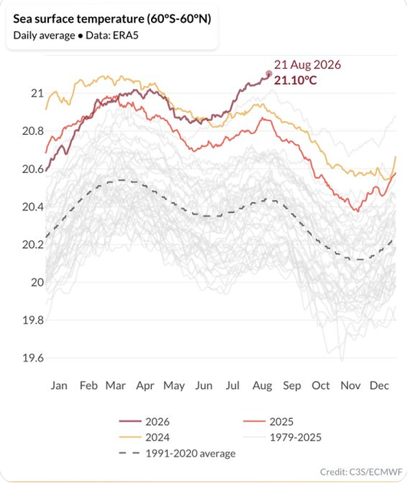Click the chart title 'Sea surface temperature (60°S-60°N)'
pyautogui.click(x=112, y=19)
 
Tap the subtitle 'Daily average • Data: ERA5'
pyautogui.click(x=76, y=35)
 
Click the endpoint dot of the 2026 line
pyautogui.click(x=268, y=74)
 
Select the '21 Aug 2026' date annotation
pyautogui.click(x=307, y=65)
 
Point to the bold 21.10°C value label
pyautogui.click(x=295, y=80)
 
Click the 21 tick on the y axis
pyautogui.click(x=38, y=93)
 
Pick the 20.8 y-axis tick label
pyautogui.click(x=33, y=131)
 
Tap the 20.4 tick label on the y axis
pyautogui.click(x=33, y=207)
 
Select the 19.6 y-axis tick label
pyautogui.click(x=33, y=358)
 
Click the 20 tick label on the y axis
pyautogui.click(x=38, y=282)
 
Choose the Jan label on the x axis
pyautogui.click(x=59, y=385)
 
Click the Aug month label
pyautogui.click(x=262, y=386)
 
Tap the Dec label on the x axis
pyautogui.click(x=379, y=385)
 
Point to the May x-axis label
pyautogui.click(x=174, y=386)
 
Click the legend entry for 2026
pyautogui.click(x=144, y=422)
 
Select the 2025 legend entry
pyautogui.click(x=268, y=422)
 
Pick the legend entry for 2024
pyautogui.click(x=144, y=437)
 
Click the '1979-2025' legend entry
pyautogui.click(x=283, y=437)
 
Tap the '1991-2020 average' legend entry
pyautogui.click(x=177, y=453)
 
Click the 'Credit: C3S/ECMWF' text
pyautogui.click(x=361, y=472)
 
